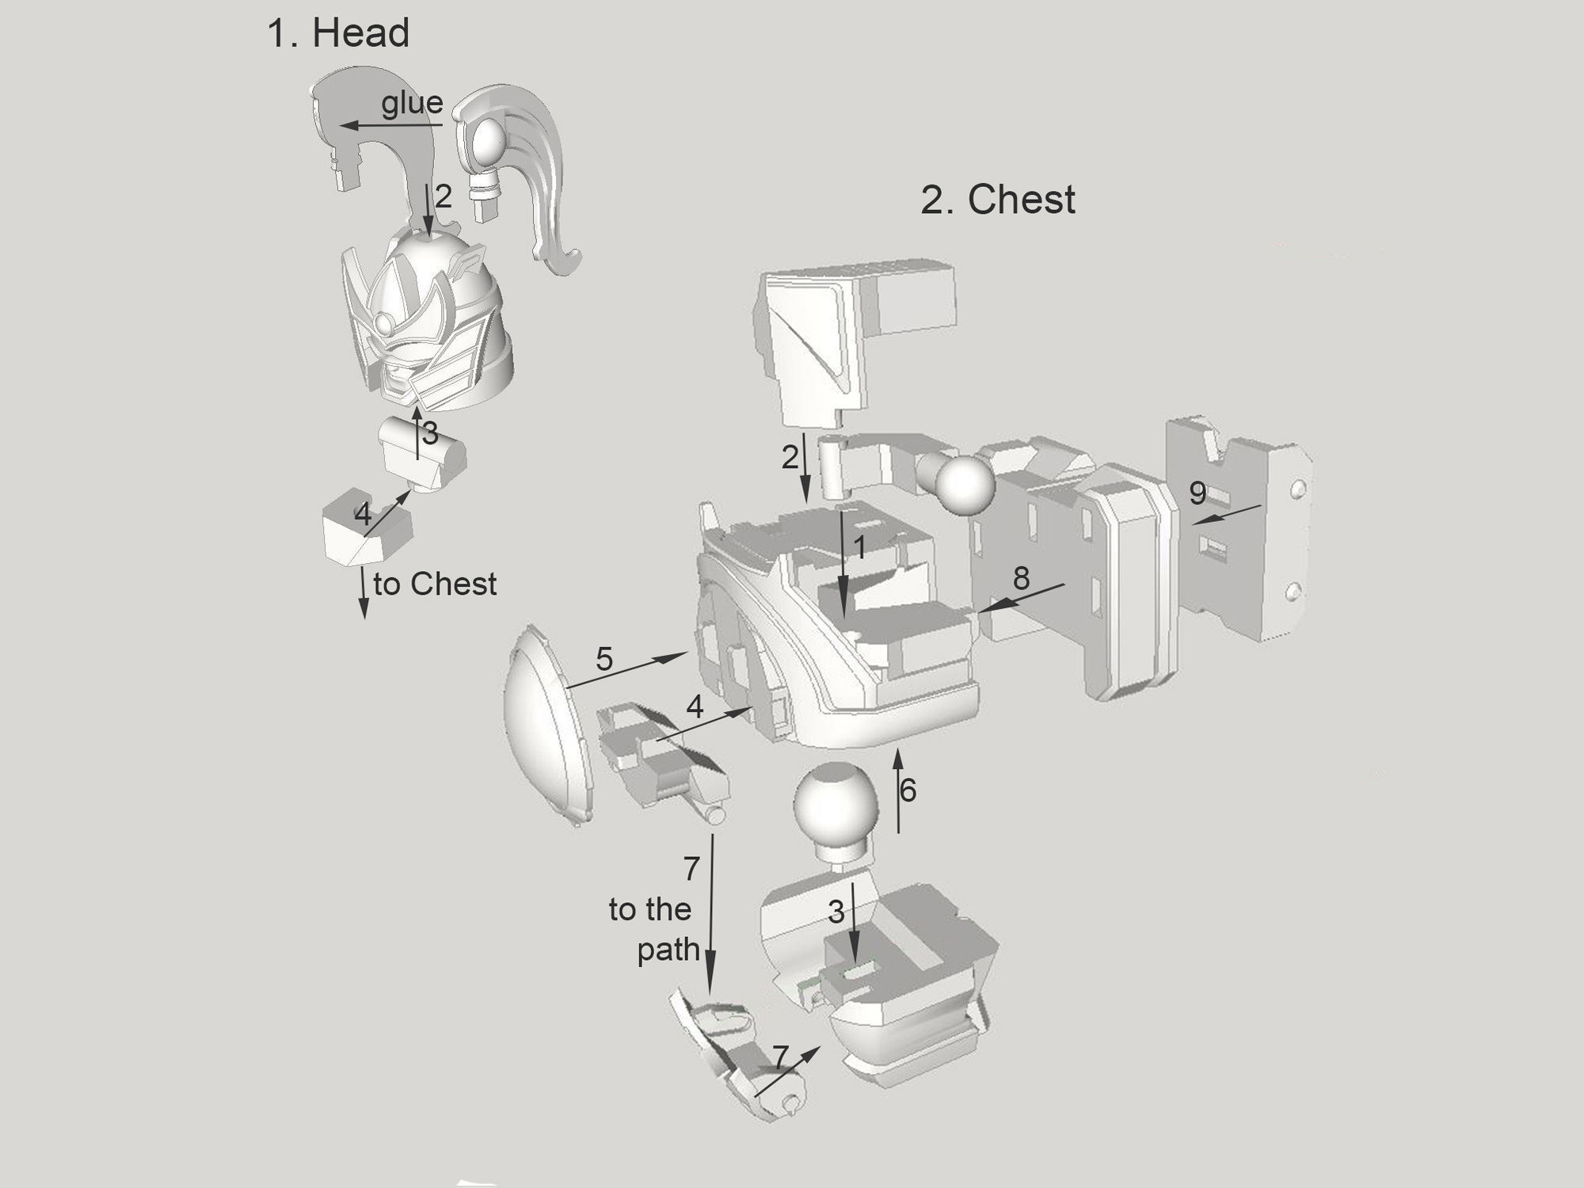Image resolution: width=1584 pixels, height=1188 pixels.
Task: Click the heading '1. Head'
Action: [338, 34]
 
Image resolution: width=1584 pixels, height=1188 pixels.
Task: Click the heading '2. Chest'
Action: [997, 200]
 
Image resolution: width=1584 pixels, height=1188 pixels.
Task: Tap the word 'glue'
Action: [412, 103]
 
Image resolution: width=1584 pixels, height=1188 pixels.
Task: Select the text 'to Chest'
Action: [435, 584]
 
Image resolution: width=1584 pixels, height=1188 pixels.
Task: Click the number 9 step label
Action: [1198, 493]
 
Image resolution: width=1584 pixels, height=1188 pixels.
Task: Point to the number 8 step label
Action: [1021, 579]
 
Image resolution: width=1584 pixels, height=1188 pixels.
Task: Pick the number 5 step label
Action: [604, 659]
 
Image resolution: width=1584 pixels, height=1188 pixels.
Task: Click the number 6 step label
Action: [908, 790]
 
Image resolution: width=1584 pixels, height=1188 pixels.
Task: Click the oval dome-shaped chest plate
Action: [546, 725]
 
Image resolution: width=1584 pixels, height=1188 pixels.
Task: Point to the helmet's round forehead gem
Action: [385, 323]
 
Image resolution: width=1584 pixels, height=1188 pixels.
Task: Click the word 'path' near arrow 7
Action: [668, 950]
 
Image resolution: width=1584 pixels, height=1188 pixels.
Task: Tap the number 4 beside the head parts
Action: [363, 515]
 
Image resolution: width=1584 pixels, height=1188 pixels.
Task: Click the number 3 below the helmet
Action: [430, 433]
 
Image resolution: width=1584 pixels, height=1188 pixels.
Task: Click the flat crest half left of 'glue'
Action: [348, 127]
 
